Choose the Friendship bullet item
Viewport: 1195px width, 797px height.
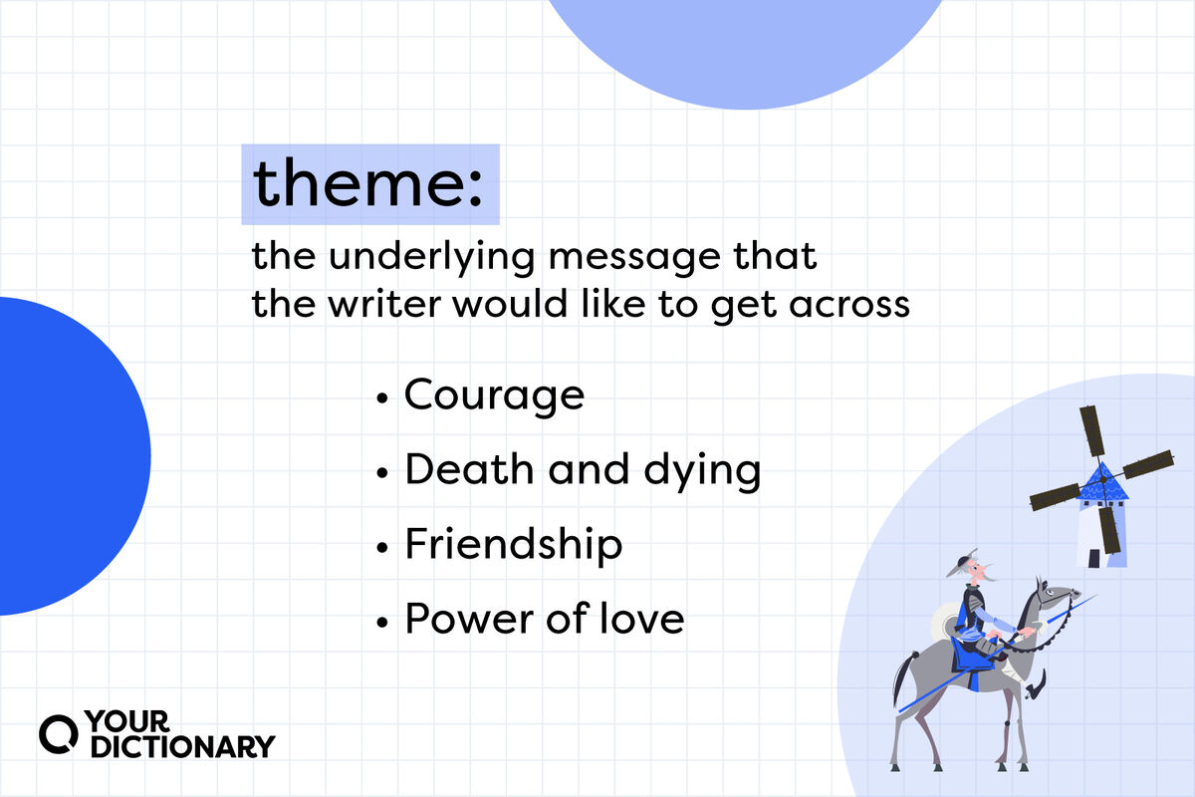pos(513,546)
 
